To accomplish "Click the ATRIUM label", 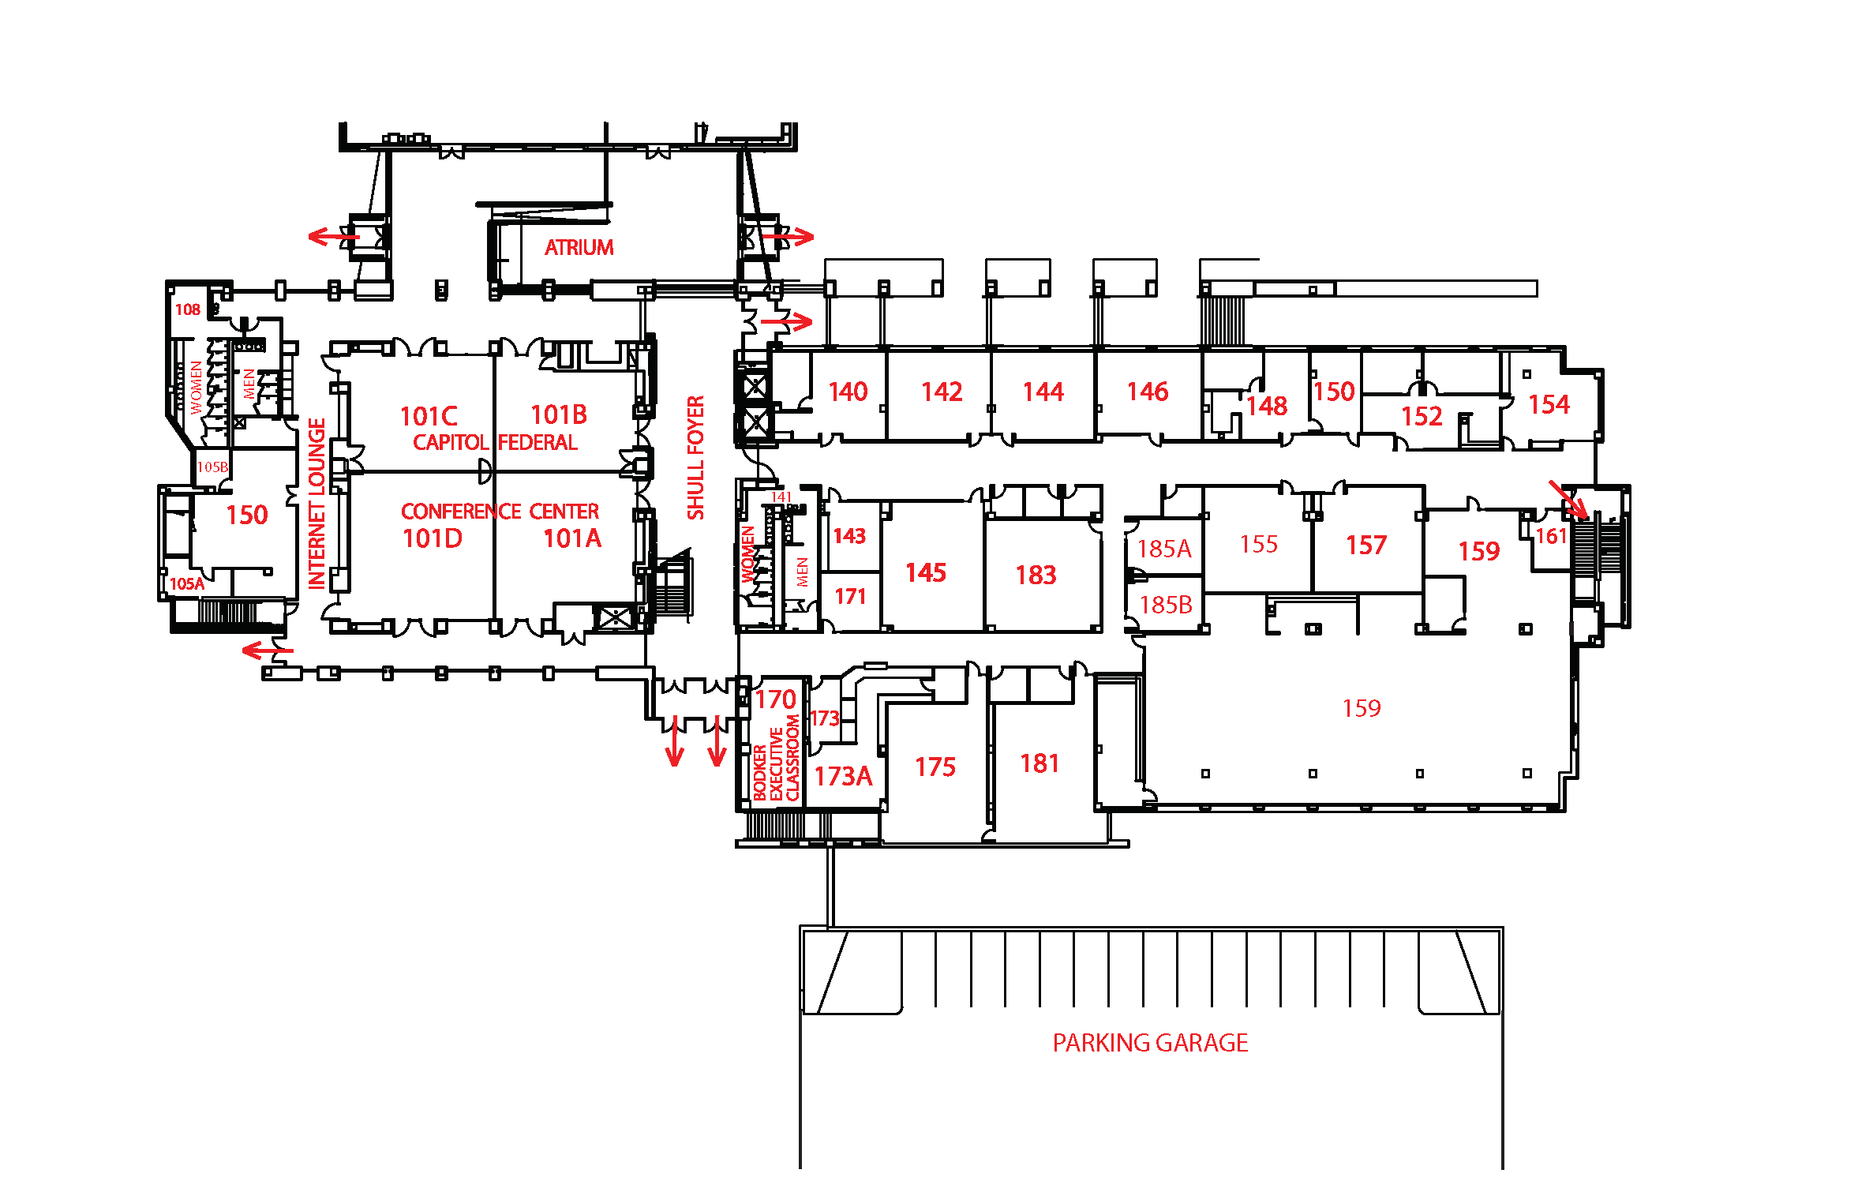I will (579, 248).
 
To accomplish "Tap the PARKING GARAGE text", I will (1150, 1043).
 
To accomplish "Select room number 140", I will (848, 392).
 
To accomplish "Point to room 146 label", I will (1147, 392).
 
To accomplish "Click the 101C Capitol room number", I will (429, 416).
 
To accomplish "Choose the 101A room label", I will (572, 538).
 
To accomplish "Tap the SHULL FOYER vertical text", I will (695, 458).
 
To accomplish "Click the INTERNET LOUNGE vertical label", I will (317, 504).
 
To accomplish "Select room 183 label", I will (1036, 575).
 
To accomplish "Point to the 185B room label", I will (1166, 605).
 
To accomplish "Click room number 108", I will (187, 309).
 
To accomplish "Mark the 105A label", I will (186, 584).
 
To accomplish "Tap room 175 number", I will (935, 767).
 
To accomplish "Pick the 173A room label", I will (843, 777).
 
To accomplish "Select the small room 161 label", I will (1550, 537).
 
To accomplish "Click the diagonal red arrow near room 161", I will (1568, 499).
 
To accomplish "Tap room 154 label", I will (1549, 405).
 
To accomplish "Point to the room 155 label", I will (1258, 544).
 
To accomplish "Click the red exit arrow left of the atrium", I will (332, 236).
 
